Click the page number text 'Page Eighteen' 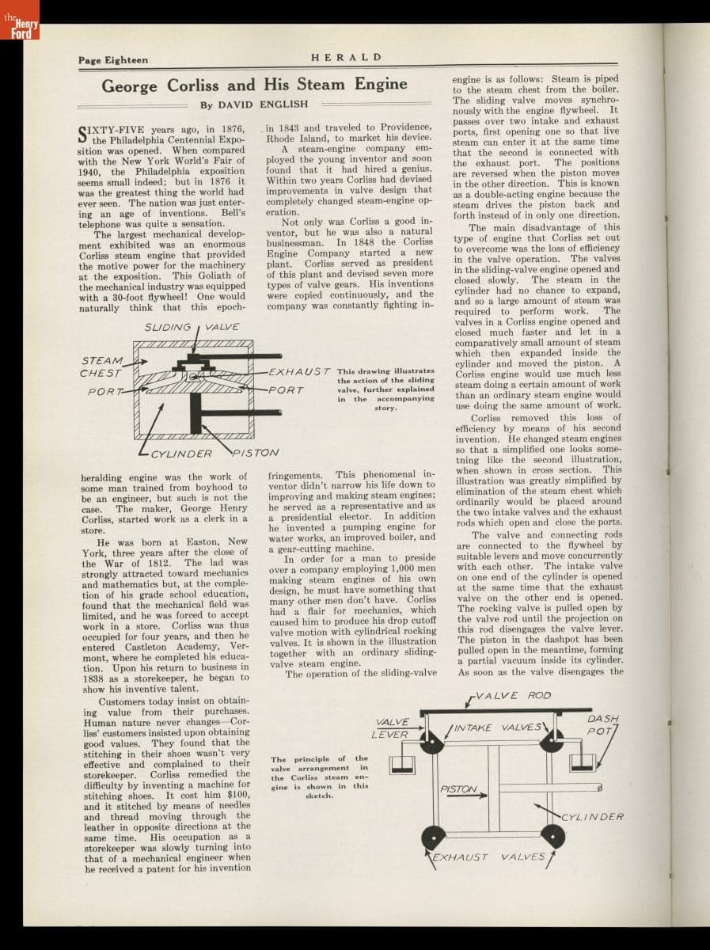coord(112,59)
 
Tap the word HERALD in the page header coord(347,58)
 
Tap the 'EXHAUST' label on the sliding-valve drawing coord(299,371)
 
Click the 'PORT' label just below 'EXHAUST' coord(286,389)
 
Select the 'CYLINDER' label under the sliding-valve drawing coord(181,454)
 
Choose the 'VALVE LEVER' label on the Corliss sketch coord(392,728)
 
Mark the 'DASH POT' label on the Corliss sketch coord(603,724)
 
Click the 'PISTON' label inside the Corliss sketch coord(458,789)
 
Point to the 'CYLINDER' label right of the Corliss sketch coord(594,816)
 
